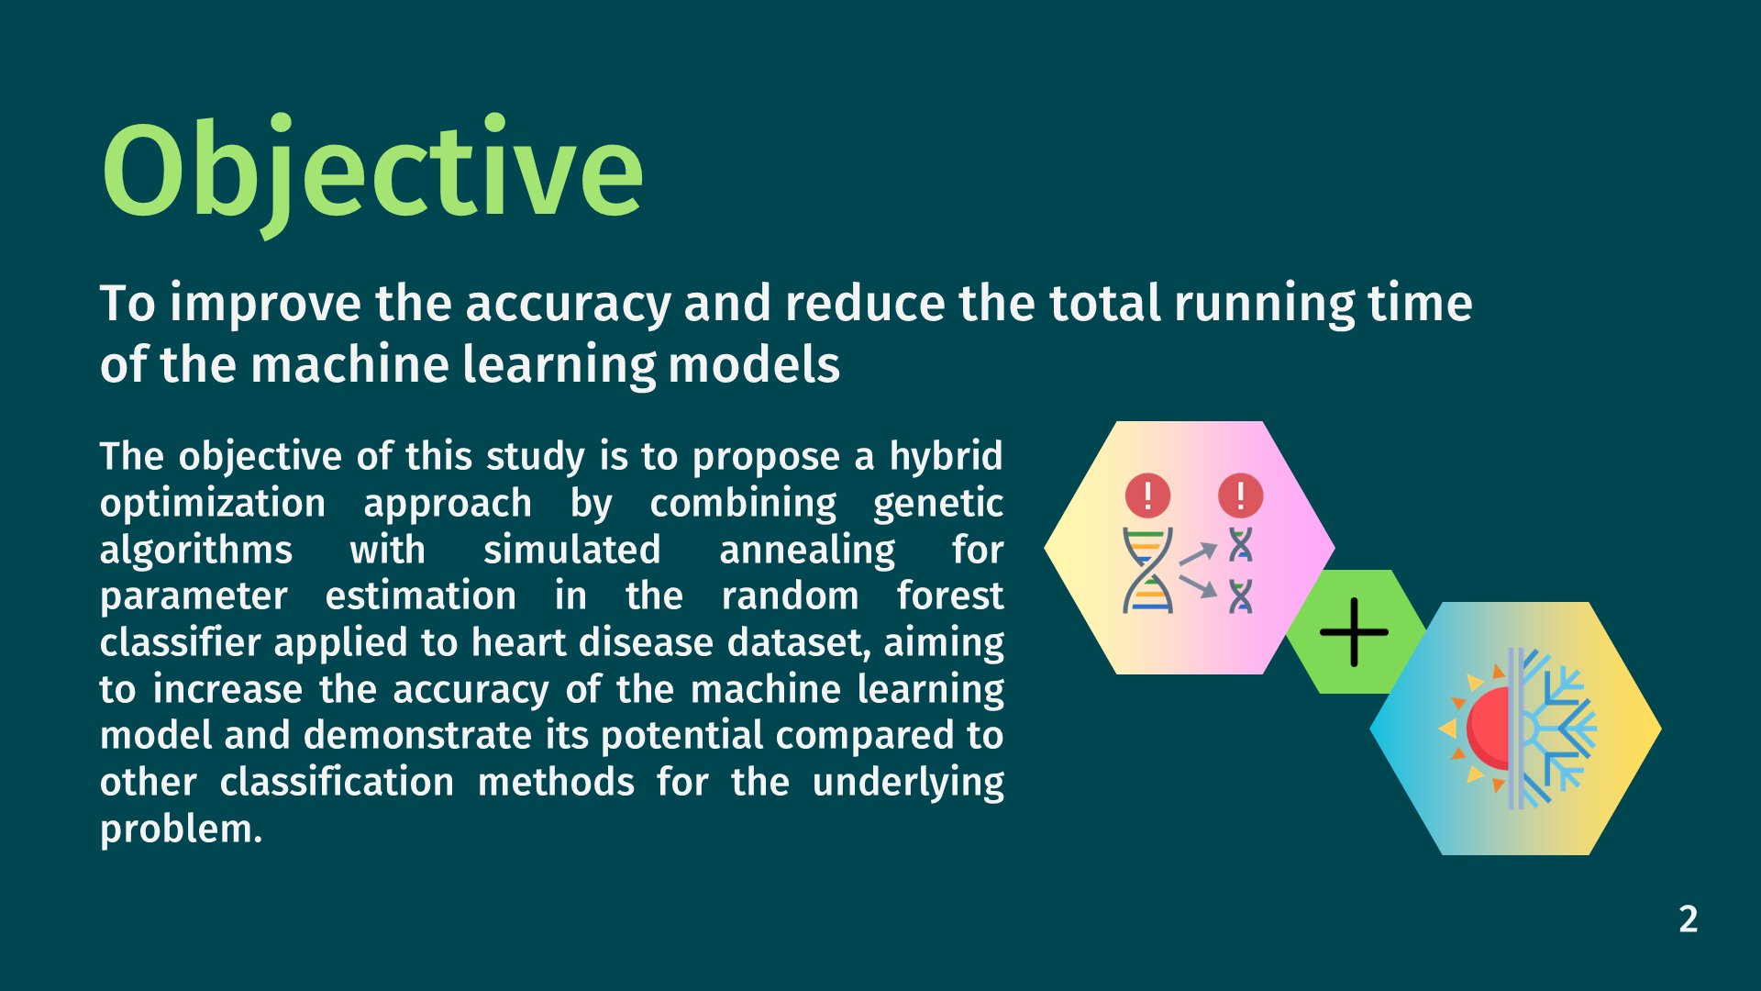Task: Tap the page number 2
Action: (1689, 919)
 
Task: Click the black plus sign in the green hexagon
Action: (1354, 631)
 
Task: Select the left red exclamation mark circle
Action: (1147, 495)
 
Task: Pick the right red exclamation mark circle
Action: (1240, 495)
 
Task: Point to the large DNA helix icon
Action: (1147, 570)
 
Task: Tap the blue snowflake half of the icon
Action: (1556, 728)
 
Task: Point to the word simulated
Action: (571, 550)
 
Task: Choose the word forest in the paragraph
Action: (950, 596)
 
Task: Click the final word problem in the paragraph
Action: (181, 830)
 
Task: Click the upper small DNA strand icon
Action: (1240, 545)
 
